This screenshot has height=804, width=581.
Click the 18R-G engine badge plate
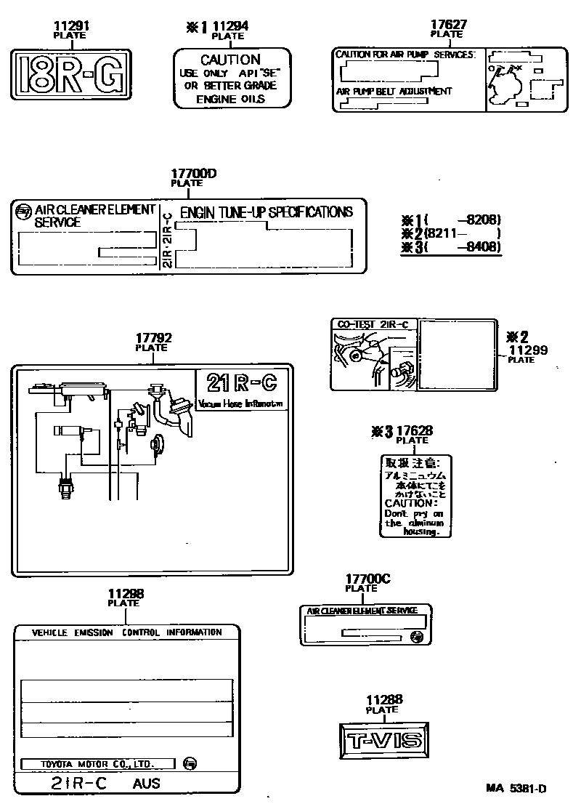71,73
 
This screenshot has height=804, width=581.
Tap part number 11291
70,27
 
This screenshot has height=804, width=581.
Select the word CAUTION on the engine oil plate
230,60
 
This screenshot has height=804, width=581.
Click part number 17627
448,25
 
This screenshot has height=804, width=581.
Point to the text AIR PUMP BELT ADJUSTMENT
394,92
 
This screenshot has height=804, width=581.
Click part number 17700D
194,174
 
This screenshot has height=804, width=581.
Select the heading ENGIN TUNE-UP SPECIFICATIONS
266,212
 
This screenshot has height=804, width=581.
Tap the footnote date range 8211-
463,234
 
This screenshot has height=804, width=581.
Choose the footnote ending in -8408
463,247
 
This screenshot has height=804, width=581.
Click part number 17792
154,338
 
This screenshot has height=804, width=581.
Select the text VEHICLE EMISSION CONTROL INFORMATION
127,632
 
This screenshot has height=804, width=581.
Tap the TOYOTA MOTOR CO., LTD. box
97,763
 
